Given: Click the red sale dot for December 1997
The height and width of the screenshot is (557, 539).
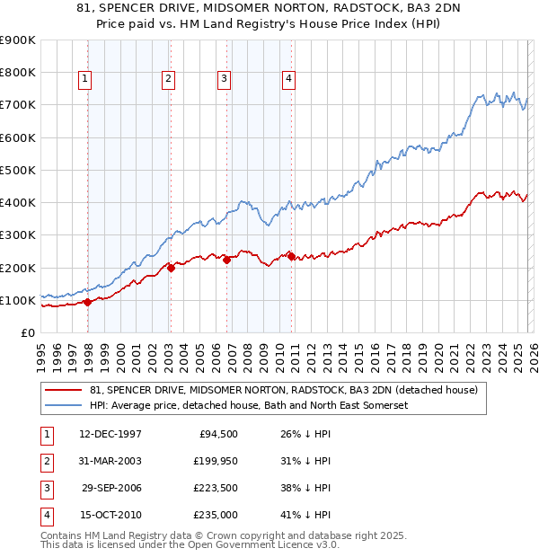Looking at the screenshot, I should click(x=87, y=303).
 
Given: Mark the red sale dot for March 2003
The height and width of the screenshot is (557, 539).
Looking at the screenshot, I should click(x=171, y=268).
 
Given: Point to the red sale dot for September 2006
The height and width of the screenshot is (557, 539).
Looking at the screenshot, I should click(x=226, y=261).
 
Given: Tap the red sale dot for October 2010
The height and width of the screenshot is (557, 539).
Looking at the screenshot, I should click(x=291, y=256).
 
